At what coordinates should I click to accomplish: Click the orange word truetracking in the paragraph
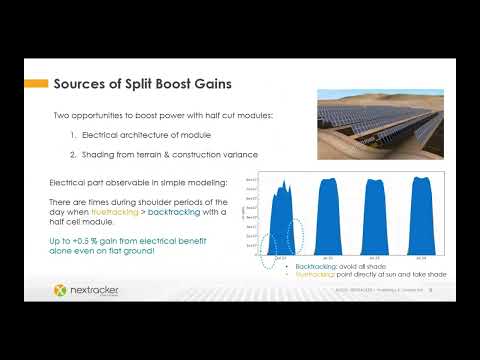click(x=108, y=211)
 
